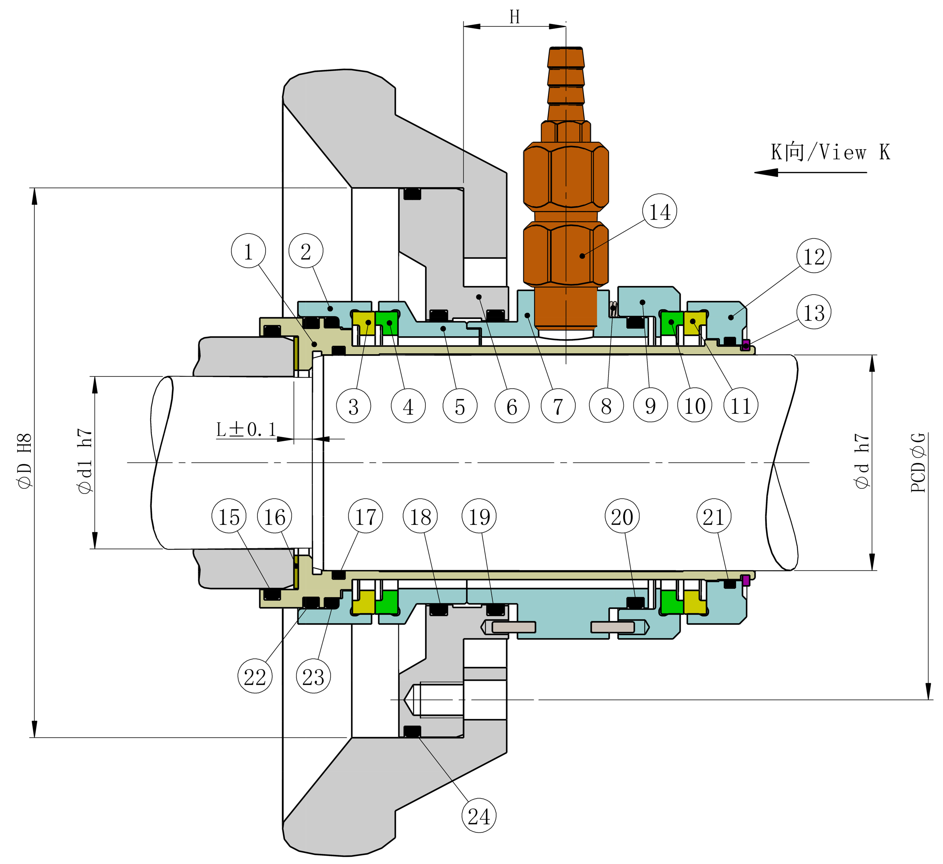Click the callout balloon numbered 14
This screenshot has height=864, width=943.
tap(659, 211)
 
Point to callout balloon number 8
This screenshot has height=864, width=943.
tap(606, 406)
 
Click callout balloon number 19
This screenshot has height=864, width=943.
tap(479, 517)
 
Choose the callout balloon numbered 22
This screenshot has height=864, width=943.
tap(255, 676)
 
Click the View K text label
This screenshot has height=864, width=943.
tap(830, 152)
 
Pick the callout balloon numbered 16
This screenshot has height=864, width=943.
tap(275, 517)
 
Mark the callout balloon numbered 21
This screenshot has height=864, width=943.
tap(713, 517)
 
